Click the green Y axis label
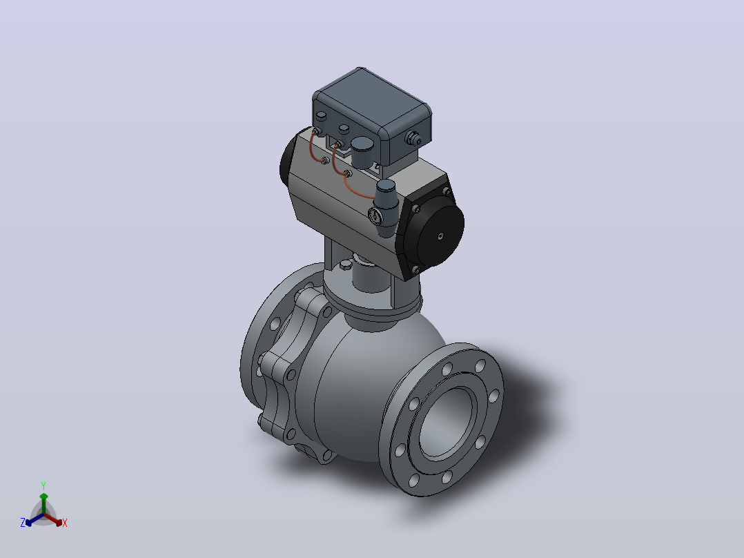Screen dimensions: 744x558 43,485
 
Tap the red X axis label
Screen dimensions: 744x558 65,523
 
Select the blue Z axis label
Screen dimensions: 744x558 23,523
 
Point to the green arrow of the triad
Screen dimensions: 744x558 43,503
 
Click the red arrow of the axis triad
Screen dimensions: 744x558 53,519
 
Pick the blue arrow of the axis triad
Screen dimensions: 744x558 35,519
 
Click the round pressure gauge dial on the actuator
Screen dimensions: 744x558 375,215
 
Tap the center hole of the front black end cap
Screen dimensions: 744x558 441,235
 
